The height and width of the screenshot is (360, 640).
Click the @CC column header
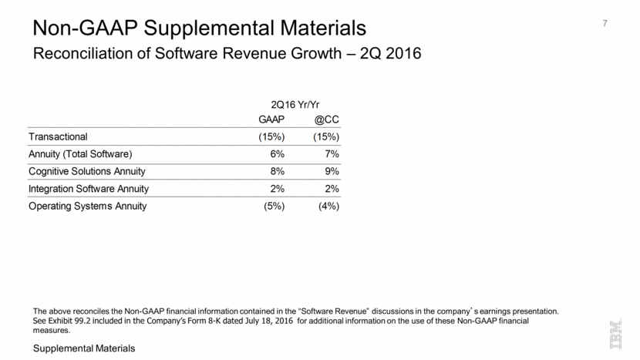(x=327, y=119)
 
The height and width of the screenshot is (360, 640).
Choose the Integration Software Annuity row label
(x=89, y=188)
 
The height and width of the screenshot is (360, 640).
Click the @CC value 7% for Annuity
(x=332, y=153)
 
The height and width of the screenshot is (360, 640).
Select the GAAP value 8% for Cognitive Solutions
(x=277, y=171)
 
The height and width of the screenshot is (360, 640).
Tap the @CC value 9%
(x=332, y=171)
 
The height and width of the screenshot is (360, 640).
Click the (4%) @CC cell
(x=328, y=206)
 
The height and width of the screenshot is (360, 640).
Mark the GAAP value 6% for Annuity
(x=277, y=153)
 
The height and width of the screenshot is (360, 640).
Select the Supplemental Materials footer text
(x=83, y=349)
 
